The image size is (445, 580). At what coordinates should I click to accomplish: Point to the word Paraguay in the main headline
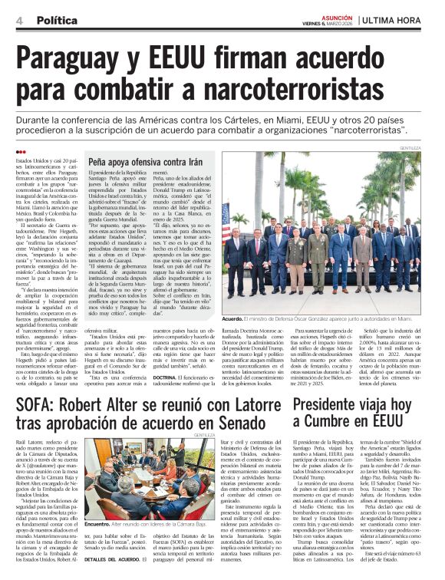[74, 59]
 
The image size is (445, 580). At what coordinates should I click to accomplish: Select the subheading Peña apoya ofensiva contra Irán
[137, 163]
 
